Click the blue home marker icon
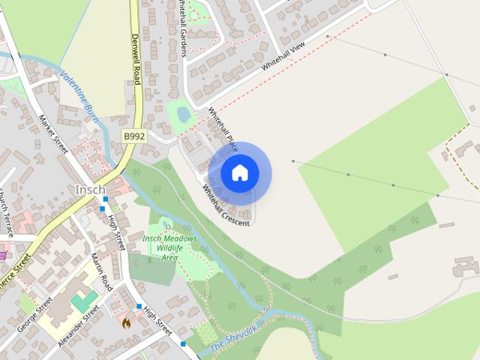(239, 172)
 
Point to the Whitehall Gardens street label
(183, 28)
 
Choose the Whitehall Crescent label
(226, 205)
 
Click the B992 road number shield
(134, 136)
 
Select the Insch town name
(90, 189)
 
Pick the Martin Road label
(101, 271)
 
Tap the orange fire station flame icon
(126, 323)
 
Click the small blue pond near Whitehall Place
(182, 115)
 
